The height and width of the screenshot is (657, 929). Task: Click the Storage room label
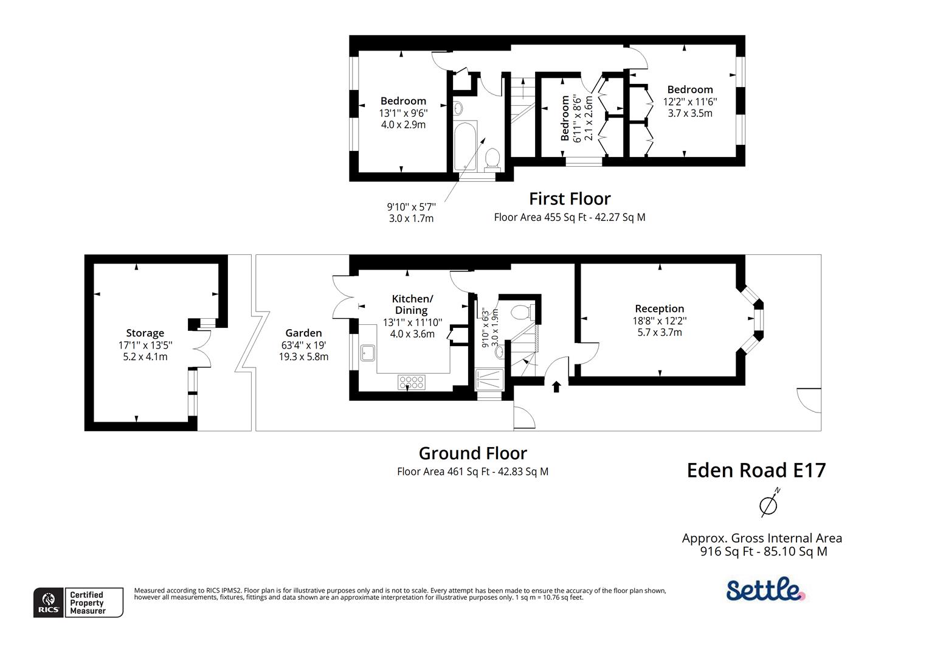[145, 333]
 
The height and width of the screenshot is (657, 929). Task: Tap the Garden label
[303, 333]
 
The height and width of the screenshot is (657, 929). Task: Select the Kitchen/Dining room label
[412, 304]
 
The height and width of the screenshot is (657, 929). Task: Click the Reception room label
[659, 308]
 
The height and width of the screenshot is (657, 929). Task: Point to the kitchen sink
[367, 353]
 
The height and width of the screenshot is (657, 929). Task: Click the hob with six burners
[411, 382]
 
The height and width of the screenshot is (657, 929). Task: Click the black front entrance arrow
[556, 386]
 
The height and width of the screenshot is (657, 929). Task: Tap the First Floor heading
[569, 199]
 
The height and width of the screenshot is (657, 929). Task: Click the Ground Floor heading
[472, 453]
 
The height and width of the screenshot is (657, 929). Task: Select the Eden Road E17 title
[756, 470]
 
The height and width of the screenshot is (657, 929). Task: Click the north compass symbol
[769, 504]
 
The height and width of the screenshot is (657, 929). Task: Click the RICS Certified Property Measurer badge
[78, 602]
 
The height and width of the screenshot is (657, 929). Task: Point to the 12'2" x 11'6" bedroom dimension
[689, 102]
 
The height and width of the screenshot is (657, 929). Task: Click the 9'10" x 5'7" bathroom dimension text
[411, 207]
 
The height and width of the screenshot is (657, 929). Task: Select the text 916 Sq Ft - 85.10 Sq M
[763, 552]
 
